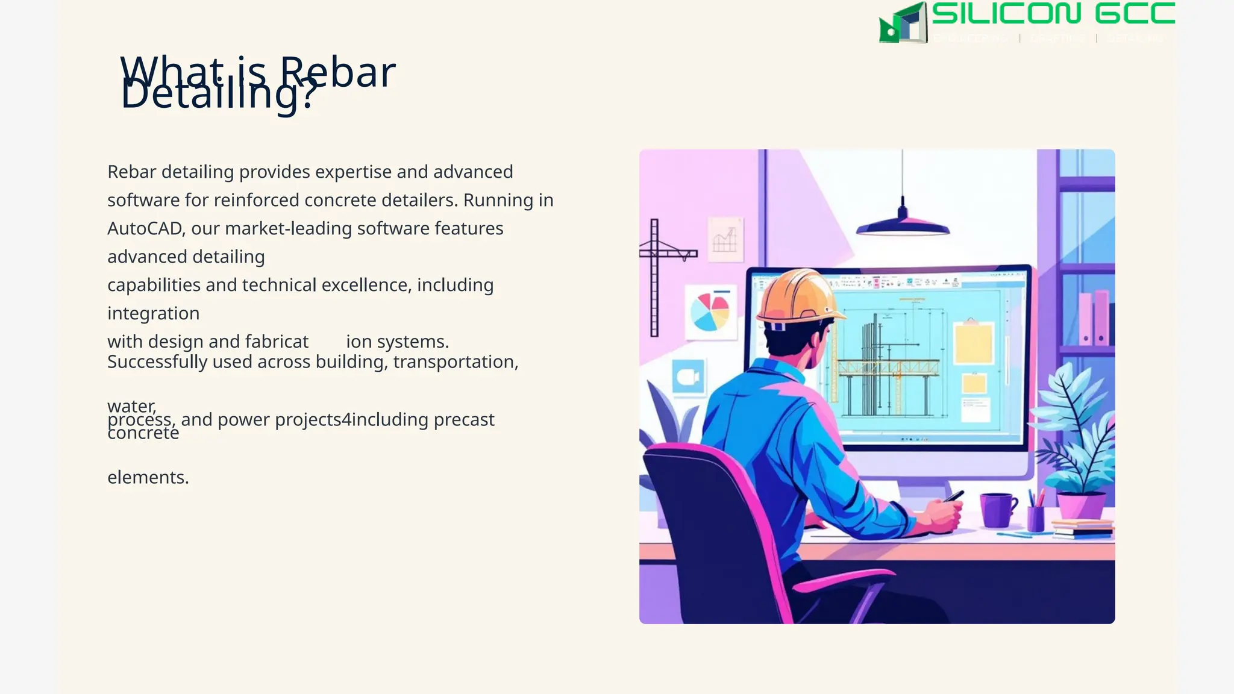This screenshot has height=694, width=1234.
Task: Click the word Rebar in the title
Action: [337, 71]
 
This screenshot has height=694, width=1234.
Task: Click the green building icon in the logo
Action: [903, 23]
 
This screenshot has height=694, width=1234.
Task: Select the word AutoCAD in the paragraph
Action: [145, 229]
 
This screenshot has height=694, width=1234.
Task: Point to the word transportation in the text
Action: [455, 362]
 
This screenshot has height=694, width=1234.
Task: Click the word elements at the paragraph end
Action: [148, 478]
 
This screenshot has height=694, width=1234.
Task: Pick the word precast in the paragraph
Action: [464, 420]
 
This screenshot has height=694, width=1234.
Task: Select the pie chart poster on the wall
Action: [710, 311]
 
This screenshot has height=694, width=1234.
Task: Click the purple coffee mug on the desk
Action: [997, 509]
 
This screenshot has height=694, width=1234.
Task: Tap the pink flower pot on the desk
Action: [1081, 505]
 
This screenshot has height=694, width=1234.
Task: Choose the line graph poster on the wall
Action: [725, 240]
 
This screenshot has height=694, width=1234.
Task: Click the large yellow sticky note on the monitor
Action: [973, 343]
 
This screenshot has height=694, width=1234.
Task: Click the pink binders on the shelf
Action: [1093, 318]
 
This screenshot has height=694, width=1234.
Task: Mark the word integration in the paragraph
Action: [153, 314]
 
